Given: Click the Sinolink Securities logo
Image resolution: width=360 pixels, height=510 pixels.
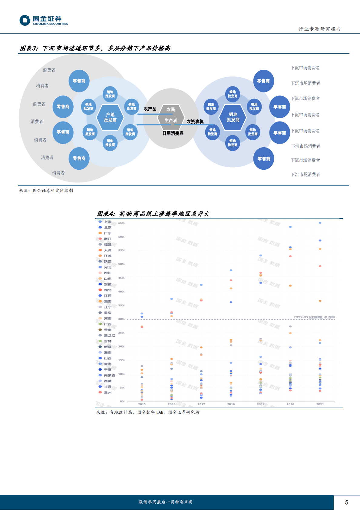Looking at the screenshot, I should [x=44, y=20].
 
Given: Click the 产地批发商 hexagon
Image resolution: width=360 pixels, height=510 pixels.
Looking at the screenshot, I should [x=110, y=117].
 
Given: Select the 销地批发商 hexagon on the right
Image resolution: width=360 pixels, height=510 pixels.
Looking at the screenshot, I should [x=233, y=117].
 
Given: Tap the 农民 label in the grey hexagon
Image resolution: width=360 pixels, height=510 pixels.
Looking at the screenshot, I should [x=171, y=109].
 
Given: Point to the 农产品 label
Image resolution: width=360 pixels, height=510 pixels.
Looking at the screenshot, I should [x=150, y=109].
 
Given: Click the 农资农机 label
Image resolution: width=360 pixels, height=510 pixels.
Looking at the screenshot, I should [x=195, y=122].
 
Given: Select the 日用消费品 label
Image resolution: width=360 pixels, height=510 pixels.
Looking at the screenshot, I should [x=173, y=133].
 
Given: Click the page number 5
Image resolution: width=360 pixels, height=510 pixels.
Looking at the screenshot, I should [x=346, y=502].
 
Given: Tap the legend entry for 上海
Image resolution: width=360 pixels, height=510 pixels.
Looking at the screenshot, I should [x=107, y=222].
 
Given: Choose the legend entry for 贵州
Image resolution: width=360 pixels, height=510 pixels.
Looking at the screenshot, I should [x=107, y=392].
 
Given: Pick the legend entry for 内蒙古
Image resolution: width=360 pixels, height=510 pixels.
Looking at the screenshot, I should [x=109, y=375].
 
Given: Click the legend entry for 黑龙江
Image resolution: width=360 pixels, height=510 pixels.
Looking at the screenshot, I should [x=109, y=335].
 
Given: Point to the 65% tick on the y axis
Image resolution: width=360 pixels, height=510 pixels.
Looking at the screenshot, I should [x=121, y=223].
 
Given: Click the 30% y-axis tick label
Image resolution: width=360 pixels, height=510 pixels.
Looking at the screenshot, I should [x=121, y=319].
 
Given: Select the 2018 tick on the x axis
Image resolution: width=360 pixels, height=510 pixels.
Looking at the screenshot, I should [x=231, y=404].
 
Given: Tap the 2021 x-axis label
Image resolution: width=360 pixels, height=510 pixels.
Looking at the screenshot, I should [x=320, y=404].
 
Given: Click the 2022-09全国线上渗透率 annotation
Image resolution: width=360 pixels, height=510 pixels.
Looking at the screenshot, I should [x=314, y=317].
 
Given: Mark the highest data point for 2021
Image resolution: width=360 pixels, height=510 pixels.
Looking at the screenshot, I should [x=320, y=223].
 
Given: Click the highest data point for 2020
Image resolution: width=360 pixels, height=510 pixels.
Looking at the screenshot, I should [x=290, y=227].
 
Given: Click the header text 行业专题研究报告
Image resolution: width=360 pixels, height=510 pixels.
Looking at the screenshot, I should [x=320, y=29].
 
